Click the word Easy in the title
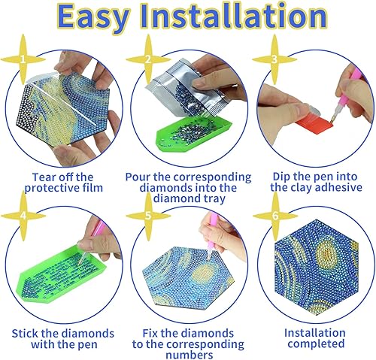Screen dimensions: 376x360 point(92,17)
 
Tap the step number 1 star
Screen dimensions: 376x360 point(23,59)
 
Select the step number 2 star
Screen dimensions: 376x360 point(148,59)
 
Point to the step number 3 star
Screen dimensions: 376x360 point(274,59)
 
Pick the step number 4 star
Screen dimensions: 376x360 point(23,216)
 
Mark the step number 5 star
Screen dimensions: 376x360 point(148,216)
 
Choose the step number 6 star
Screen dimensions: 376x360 point(275,216)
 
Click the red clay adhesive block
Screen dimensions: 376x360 point(314,126)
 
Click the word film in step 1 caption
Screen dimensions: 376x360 point(92,188)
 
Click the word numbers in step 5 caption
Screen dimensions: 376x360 point(190,355)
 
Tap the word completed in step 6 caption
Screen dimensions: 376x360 point(316,343)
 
